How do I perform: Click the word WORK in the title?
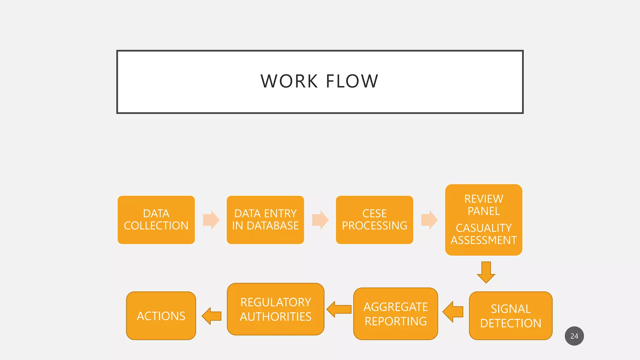289,81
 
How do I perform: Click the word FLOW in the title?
352,81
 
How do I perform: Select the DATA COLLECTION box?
156,220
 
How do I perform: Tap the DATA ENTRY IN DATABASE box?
265,220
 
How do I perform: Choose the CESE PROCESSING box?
374,220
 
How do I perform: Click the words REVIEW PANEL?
483,205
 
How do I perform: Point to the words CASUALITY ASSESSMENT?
483,234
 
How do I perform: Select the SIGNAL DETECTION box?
511,316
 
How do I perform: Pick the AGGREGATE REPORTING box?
395,314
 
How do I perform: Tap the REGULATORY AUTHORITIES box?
275,309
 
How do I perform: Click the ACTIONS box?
161,316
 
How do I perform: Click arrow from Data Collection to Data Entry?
211,220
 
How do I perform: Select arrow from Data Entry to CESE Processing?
320,220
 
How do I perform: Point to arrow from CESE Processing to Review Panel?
429,220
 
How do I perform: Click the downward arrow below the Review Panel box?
486,272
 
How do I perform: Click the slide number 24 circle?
574,336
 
